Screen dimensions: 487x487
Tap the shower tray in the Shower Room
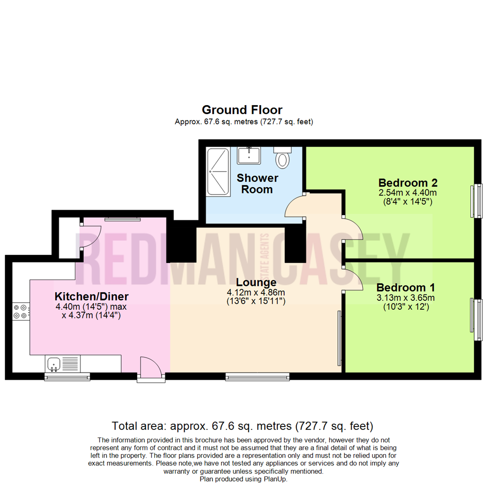(218, 171)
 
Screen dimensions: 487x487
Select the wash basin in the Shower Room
(248, 156)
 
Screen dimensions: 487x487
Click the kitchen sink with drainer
(63, 363)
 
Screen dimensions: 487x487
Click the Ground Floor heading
(242, 110)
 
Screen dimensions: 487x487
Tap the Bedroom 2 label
(408, 183)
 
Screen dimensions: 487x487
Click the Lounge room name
(256, 283)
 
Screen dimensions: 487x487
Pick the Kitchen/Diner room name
(92, 297)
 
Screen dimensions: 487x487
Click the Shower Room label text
(257, 184)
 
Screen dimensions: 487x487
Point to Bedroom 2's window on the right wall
(477, 200)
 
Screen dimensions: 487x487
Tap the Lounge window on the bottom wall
(257, 376)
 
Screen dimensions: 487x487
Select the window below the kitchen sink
(67, 376)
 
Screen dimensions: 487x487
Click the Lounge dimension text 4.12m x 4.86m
(256, 292)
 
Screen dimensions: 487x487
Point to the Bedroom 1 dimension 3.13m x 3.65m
(406, 298)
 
